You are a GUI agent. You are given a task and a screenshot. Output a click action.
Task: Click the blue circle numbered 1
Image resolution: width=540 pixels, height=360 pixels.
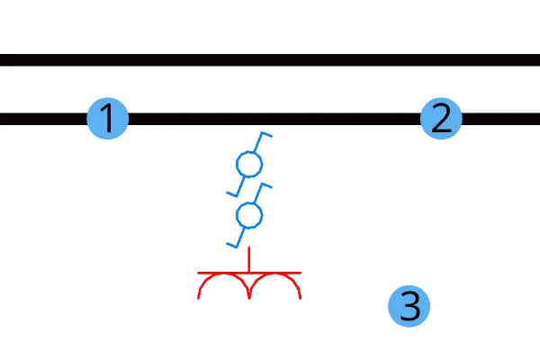point(108,119)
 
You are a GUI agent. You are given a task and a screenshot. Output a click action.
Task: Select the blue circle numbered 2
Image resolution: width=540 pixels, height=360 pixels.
point(441,119)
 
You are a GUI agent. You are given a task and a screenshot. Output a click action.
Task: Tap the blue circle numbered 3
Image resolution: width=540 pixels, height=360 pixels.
point(409,306)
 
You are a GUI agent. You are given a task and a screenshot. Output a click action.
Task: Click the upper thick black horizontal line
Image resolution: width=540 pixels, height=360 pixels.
point(270,60)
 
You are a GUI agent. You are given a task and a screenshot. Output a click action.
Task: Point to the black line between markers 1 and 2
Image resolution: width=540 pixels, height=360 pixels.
point(274,119)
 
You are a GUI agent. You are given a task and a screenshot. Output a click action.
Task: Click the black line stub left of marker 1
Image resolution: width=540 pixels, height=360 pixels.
point(43,119)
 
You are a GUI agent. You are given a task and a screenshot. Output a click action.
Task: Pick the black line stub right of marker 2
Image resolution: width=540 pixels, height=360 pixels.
point(501,119)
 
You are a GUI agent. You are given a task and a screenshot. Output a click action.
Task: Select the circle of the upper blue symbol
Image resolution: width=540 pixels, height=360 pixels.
point(249,152)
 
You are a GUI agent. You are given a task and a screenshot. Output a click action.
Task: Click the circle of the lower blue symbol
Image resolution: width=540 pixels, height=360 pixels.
point(249,202)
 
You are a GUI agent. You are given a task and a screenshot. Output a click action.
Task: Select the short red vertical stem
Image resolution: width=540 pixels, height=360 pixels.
point(249,260)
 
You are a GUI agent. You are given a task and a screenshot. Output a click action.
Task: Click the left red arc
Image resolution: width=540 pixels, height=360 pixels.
point(223,274)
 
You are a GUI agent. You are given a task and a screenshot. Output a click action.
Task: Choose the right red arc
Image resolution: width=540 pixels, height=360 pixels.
point(275,274)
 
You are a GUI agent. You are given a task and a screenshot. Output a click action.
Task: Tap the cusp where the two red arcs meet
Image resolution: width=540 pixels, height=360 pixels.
point(249,298)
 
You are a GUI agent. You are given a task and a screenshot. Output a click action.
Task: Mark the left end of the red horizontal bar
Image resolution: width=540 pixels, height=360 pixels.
point(198,273)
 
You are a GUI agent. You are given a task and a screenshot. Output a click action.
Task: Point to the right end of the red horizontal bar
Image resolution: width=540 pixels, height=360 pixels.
point(301,273)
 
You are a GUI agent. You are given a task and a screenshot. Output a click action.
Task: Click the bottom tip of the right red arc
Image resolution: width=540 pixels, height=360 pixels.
point(301,299)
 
